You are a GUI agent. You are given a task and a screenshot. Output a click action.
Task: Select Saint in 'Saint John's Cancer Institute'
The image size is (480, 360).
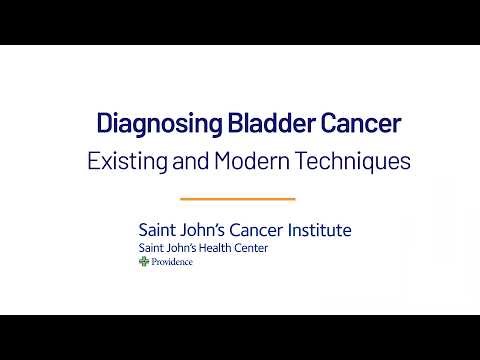[x=159, y=230]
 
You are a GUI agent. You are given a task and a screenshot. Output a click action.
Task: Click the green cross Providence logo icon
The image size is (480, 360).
[x=144, y=262]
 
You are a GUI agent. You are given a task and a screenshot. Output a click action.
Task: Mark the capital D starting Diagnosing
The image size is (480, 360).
[x=104, y=125]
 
